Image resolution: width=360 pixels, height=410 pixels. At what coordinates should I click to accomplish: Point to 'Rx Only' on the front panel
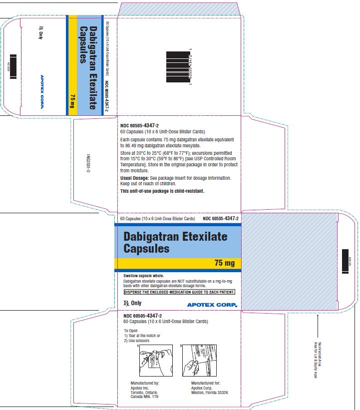pos(132,303)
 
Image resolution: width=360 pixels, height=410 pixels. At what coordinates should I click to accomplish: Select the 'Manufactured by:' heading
pos(144,383)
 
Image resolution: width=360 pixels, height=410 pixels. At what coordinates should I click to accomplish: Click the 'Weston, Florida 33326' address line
pos(210,393)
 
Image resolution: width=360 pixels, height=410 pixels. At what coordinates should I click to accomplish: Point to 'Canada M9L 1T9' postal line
pos(144,397)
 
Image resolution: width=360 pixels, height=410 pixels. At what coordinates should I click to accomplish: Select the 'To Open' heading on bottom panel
pos(131,331)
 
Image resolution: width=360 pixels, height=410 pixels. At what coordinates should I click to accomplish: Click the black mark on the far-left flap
pos(13,63)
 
